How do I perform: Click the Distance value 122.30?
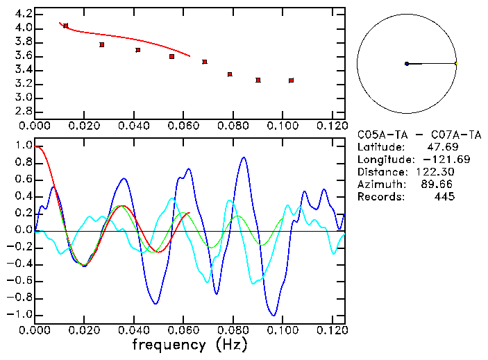coord(435,172)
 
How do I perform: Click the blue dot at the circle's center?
coord(407,64)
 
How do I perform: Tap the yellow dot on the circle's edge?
coord(456,63)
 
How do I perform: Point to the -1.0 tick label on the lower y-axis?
coord(19,314)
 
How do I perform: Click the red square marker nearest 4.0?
coord(66,26)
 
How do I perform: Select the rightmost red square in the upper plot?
coord(291,80)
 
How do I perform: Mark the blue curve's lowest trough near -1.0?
coord(275,315)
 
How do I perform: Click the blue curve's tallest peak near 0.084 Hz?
coord(244,157)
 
